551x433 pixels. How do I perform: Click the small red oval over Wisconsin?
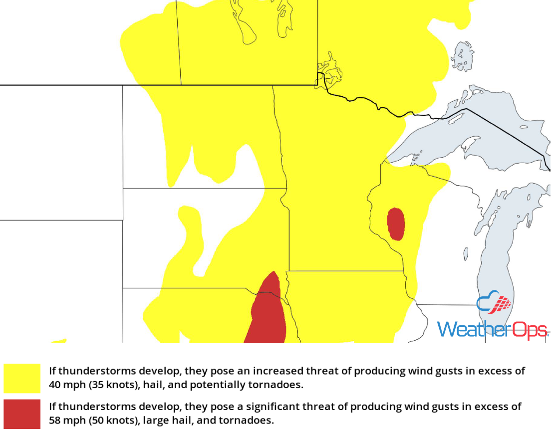[396, 224]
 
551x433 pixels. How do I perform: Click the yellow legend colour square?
[22, 378]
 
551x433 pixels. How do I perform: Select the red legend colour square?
[22, 414]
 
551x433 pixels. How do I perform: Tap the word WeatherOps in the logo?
[492, 330]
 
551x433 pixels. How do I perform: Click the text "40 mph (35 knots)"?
[87, 385]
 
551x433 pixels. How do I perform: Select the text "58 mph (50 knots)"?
[87, 421]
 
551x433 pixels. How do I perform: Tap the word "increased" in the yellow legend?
[277, 371]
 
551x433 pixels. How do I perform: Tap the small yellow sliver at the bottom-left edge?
[58, 341]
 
